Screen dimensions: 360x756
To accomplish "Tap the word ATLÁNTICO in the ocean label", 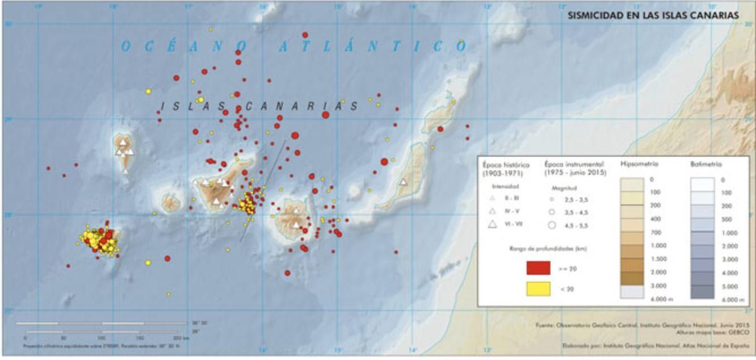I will click(x=372, y=47).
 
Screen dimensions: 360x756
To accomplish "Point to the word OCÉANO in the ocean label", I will click(x=184, y=47).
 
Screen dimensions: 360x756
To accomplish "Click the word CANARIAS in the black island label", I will click(x=301, y=106).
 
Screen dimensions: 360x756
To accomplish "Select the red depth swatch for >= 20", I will click(x=538, y=268).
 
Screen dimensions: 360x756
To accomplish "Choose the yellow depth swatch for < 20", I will click(x=538, y=288).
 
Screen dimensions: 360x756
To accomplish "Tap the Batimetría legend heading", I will click(x=705, y=164).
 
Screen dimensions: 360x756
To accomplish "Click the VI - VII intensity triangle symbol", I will click(x=493, y=224).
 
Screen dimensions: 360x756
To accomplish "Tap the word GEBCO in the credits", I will click(x=733, y=333).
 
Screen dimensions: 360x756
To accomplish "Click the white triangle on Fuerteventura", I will click(x=403, y=182).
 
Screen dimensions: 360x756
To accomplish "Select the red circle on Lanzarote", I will click(x=440, y=129).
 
